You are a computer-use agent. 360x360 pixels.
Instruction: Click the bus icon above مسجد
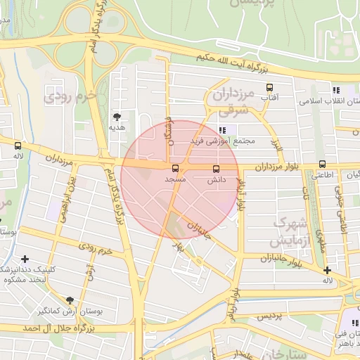[x=175, y=168]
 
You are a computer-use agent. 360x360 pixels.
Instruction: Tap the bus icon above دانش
[x=216, y=168]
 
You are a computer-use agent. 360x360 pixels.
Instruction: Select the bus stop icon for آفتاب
[x=269, y=88]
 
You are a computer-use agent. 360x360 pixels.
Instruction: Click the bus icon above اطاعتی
[x=322, y=164]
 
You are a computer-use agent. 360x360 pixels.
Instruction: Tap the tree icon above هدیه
[x=117, y=117]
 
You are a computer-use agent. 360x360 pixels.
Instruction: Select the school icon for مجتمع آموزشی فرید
[x=222, y=130]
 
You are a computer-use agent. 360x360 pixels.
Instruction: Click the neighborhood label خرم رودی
[x=69, y=97]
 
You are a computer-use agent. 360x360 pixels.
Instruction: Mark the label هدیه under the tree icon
[x=117, y=129]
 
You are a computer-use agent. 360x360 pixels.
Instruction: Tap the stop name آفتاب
[x=269, y=100]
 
